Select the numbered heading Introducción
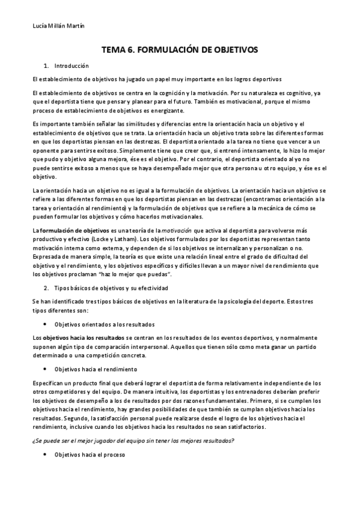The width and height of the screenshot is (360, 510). [72, 65]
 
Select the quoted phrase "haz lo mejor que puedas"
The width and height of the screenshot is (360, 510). [142, 274]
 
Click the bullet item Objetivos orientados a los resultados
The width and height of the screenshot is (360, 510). [105, 324]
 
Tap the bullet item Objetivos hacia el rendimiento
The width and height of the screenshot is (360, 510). [96, 369]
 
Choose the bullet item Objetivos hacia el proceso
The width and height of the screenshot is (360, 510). [89, 455]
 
